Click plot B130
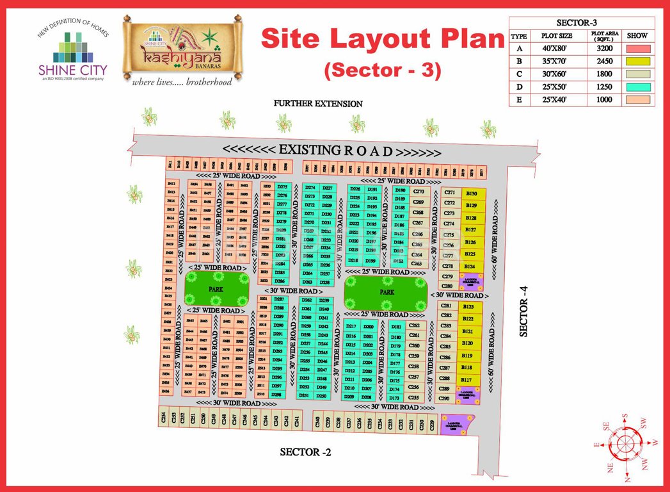pyautogui.click(x=472, y=193)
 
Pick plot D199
pyautogui.click(x=371, y=261)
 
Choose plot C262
pyautogui.click(x=414, y=325)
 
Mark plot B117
pyautogui.click(x=467, y=380)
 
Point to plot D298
pyautogui.click(x=276, y=395)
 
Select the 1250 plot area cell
pyautogui.click(x=602, y=86)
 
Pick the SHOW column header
pyautogui.click(x=638, y=36)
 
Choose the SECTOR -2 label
pyautogui.click(x=305, y=452)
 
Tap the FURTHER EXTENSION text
pyautogui.click(x=318, y=103)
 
